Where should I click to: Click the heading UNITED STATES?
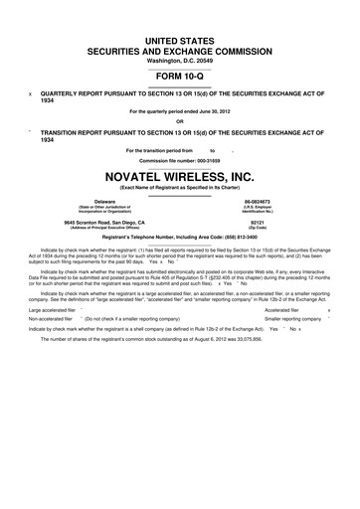pyautogui.click(x=180, y=38)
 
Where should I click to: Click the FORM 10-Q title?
pyautogui.click(x=180, y=76)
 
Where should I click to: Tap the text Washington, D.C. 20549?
pyautogui.click(x=180, y=60)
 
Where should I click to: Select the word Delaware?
pyautogui.click(x=104, y=201)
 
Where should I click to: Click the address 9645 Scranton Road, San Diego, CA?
pyautogui.click(x=104, y=222)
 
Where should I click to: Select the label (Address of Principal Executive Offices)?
pyautogui.click(x=104, y=228)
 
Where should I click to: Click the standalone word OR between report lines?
pyautogui.click(x=180, y=121)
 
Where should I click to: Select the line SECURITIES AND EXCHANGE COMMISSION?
pyautogui.click(x=180, y=49)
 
